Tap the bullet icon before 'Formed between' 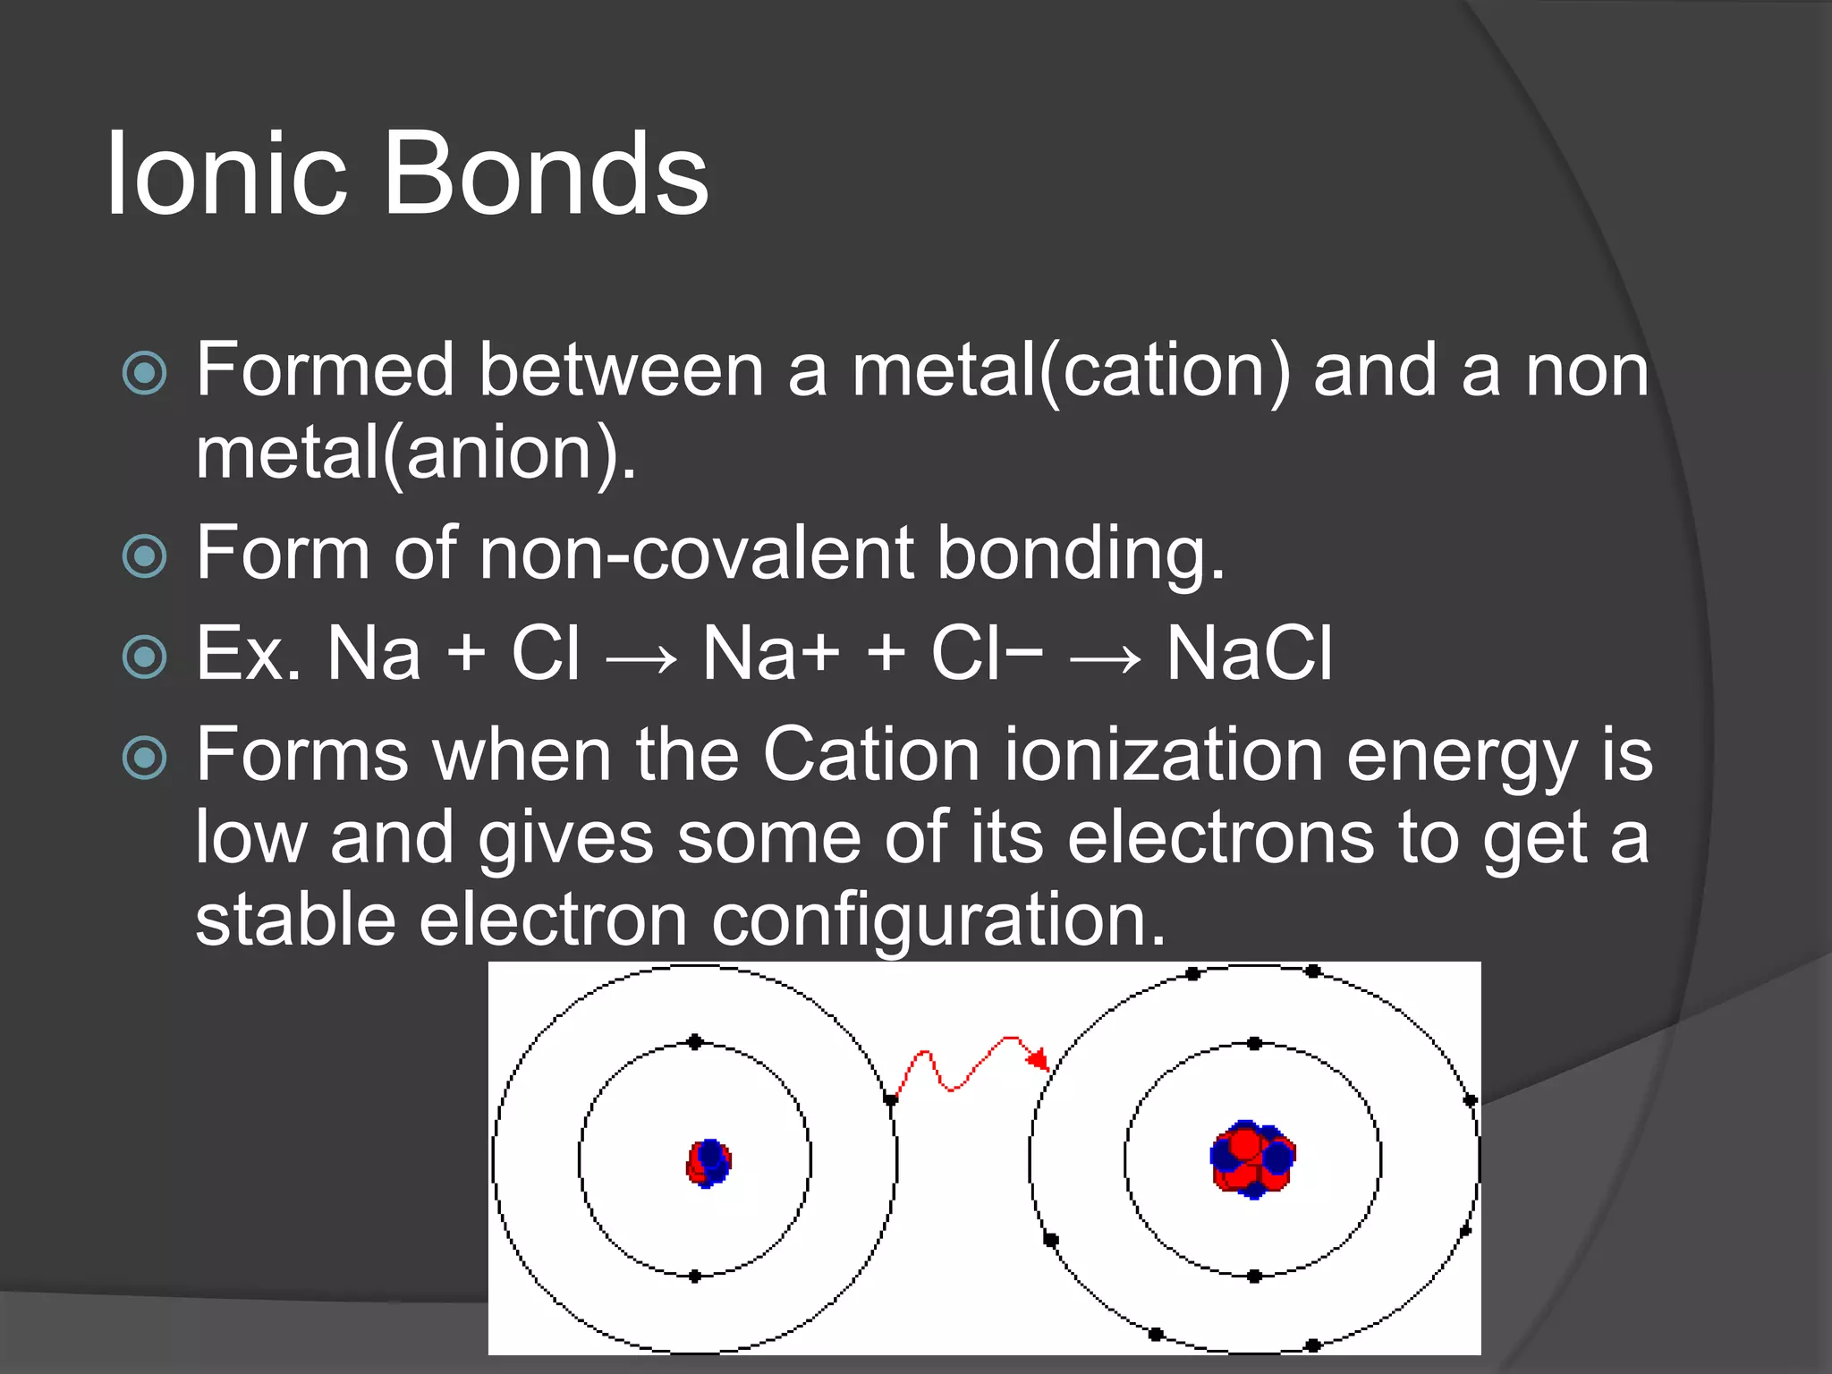pyautogui.click(x=144, y=373)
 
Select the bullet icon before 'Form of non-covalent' pyautogui.click(x=144, y=556)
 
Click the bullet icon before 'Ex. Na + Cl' pyautogui.click(x=144, y=657)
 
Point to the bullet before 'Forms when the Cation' pyautogui.click(x=144, y=758)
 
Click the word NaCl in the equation pyautogui.click(x=1249, y=653)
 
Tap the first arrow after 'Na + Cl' pyautogui.click(x=640, y=661)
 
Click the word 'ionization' pyautogui.click(x=1164, y=754)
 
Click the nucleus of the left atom pyautogui.click(x=708, y=1162)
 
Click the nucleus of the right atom pyautogui.click(x=1252, y=1158)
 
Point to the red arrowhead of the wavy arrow pyautogui.click(x=1039, y=1060)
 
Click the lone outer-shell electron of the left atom pyautogui.click(x=890, y=1098)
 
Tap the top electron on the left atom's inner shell pyautogui.click(x=695, y=1042)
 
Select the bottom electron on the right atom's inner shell pyautogui.click(x=1254, y=1276)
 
